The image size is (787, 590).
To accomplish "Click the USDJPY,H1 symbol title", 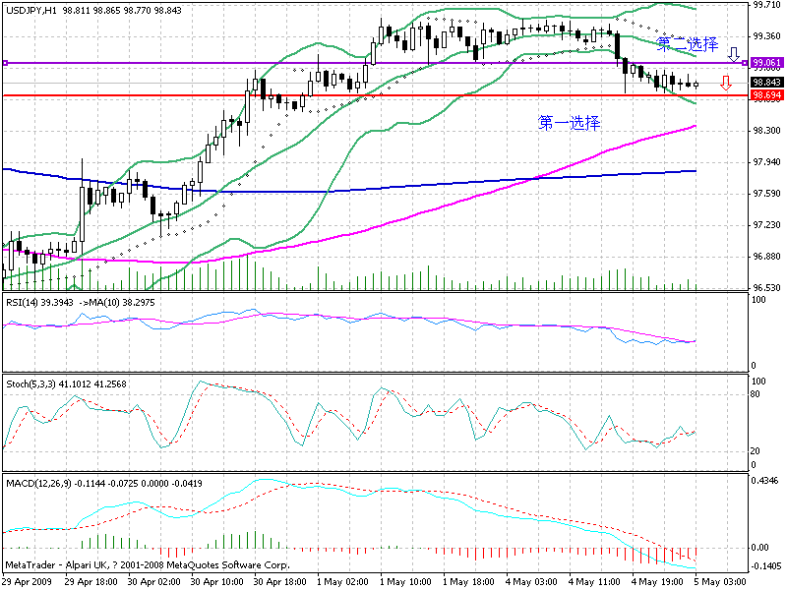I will (x=30, y=8).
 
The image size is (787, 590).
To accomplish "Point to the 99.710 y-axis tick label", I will (x=764, y=5).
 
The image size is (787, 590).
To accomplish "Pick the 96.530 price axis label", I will (x=764, y=287).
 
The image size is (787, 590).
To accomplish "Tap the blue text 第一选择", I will (x=570, y=123).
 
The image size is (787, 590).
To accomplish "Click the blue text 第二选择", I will (x=687, y=44).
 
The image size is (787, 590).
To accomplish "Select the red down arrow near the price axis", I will (x=725, y=83).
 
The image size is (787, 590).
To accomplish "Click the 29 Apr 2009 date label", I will (x=30, y=582).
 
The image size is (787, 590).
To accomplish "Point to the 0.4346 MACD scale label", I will (x=764, y=481).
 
